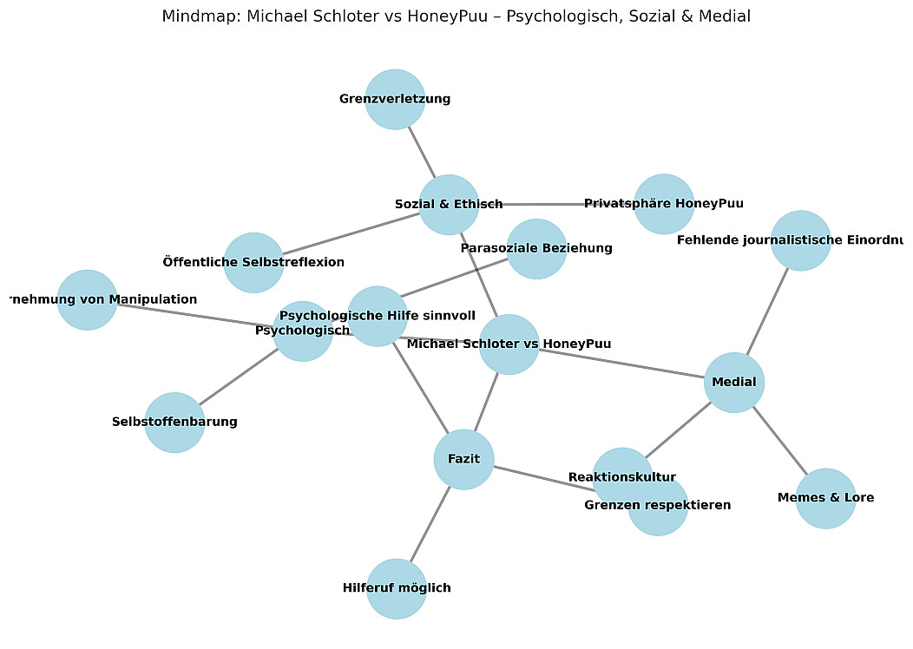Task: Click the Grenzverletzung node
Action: click(x=395, y=99)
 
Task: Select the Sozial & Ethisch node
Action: click(x=449, y=205)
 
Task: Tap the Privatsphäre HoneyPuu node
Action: click(x=664, y=204)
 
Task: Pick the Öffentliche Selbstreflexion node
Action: click(x=253, y=262)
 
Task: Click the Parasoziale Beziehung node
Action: click(x=536, y=248)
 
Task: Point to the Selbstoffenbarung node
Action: click(x=174, y=423)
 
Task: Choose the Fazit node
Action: click(x=463, y=459)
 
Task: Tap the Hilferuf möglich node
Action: click(x=397, y=588)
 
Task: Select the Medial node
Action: click(x=733, y=382)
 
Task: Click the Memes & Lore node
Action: click(x=825, y=498)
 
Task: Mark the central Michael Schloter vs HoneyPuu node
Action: click(x=509, y=344)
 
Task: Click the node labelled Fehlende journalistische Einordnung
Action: click(x=800, y=240)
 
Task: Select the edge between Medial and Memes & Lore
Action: click(x=779, y=440)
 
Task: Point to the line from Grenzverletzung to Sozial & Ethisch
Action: click(x=422, y=152)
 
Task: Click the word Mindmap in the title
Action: click(x=196, y=16)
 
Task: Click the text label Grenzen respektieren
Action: click(x=657, y=505)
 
